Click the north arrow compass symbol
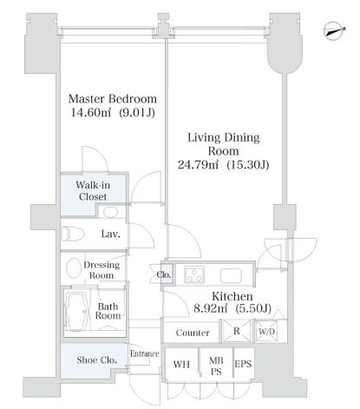pos(334,30)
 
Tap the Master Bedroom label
pos(113,99)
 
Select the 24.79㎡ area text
pos(198,165)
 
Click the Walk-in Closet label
pos(93,191)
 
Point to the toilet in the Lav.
pos(73,234)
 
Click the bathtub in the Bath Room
pos(77,312)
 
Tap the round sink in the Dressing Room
pos(74,267)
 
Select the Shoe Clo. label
pos(97,360)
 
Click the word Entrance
pos(145,353)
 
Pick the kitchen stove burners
pos(195,274)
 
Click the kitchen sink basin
pos(231,276)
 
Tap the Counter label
pos(193,333)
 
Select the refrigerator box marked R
pos(237,331)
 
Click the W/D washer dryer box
pos(266,331)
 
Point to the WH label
pos(181,364)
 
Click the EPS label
pos(243,364)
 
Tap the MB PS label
pos(216,366)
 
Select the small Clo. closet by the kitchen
pos(167,274)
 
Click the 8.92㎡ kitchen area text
pos(210,309)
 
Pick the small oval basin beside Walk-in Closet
pos(110,212)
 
